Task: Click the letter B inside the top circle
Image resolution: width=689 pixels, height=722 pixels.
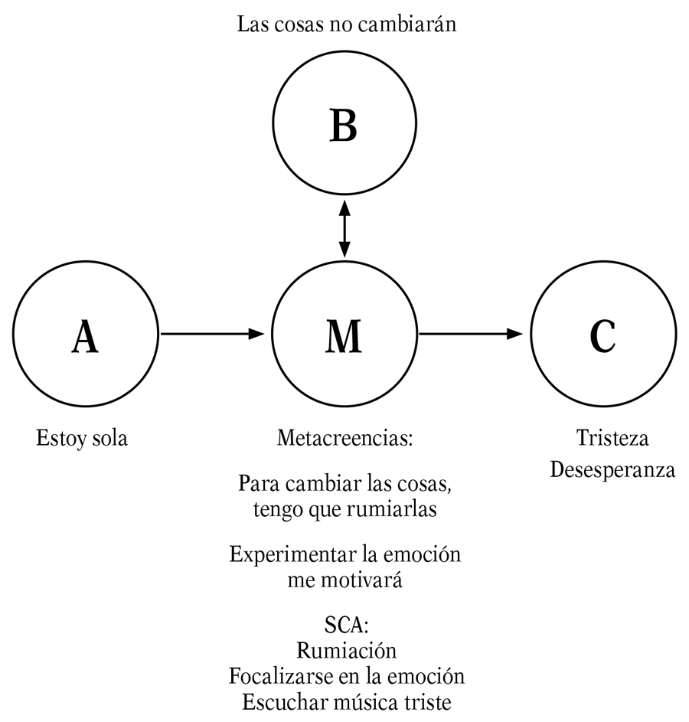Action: [x=344, y=126]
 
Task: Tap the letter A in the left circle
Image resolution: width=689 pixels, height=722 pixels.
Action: [x=85, y=337]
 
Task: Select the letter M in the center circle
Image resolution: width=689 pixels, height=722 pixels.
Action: [x=344, y=337]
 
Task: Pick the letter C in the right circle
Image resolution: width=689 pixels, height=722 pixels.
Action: [x=602, y=337]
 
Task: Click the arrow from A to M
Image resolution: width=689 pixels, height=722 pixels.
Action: [x=212, y=334]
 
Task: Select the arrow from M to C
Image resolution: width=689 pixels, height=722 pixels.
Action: [x=472, y=334]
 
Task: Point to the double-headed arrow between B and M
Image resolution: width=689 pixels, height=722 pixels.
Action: [x=344, y=229]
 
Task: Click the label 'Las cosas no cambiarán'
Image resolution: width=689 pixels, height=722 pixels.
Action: [x=347, y=25]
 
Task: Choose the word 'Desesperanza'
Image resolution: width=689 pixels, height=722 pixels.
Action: [x=612, y=469]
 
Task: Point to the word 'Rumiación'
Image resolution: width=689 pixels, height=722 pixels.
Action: [x=346, y=652]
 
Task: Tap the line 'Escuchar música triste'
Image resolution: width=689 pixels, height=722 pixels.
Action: [x=346, y=702]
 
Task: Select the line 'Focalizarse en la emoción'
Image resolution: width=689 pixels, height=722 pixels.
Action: [x=346, y=677]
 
